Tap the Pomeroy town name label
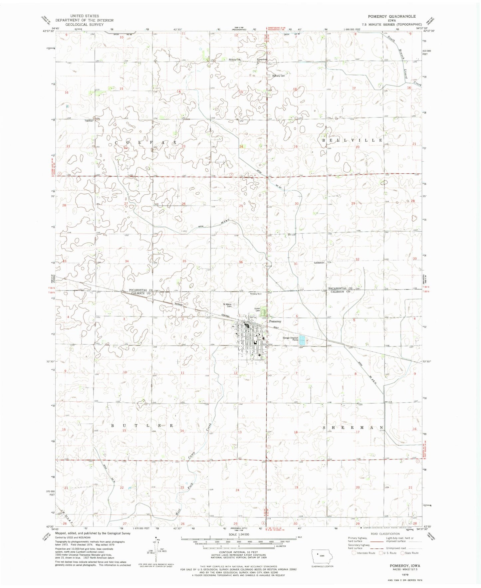click(275, 321)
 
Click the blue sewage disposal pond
click(302, 340)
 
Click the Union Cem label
click(257, 309)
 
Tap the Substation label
click(319, 263)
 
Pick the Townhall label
click(89, 121)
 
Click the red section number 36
click(241, 262)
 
